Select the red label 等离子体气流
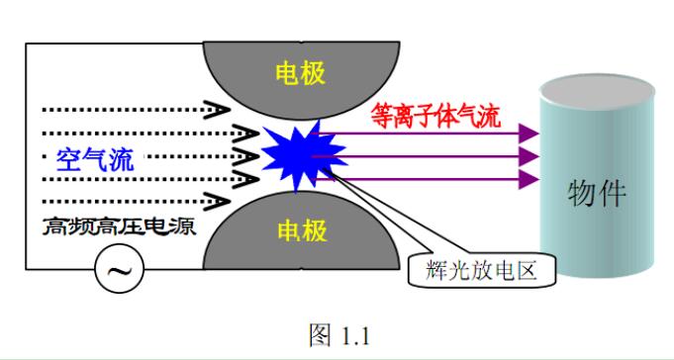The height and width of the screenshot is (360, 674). point(435,116)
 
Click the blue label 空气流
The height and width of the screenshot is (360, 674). point(94,159)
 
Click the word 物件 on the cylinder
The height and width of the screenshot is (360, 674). point(597,193)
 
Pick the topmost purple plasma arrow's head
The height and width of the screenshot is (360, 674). point(530,133)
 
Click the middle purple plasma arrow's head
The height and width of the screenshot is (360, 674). point(530,156)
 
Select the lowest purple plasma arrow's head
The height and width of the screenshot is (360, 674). point(530,180)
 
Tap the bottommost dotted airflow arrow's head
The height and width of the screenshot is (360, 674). point(238,202)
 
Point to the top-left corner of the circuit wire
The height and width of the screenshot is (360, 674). point(27,43)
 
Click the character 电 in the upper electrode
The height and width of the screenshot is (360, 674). point(285,71)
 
